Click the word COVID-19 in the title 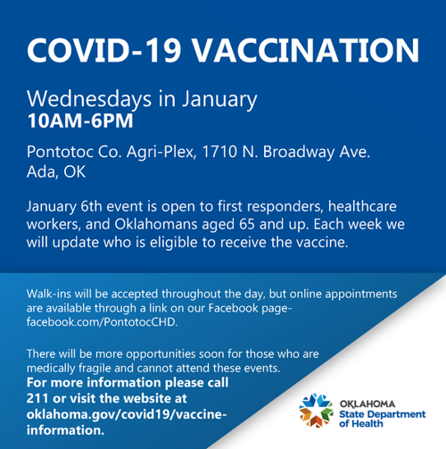103,50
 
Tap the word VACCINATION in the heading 306,50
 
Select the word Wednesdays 89,99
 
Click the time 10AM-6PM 80,121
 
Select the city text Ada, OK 56,171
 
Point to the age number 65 247,224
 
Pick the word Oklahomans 156,224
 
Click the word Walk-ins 49,294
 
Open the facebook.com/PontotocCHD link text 102,322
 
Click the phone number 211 37,398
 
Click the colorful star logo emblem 316,411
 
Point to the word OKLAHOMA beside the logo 368,404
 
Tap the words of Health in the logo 361,423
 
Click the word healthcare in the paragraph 362,206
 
